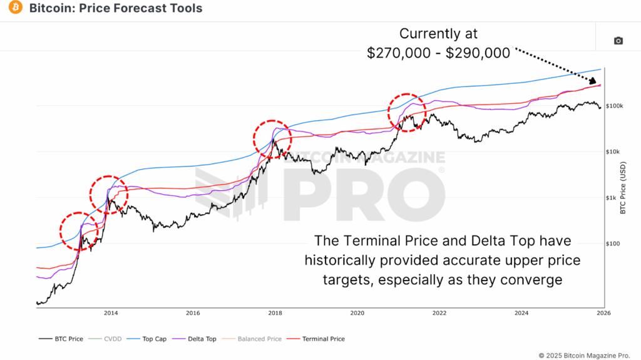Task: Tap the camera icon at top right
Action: [618, 41]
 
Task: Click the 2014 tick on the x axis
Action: [111, 312]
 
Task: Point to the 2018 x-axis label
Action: [275, 312]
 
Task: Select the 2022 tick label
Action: [439, 312]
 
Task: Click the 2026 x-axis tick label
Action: [603, 312]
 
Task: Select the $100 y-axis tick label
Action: [612, 244]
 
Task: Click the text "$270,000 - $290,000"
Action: [438, 53]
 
